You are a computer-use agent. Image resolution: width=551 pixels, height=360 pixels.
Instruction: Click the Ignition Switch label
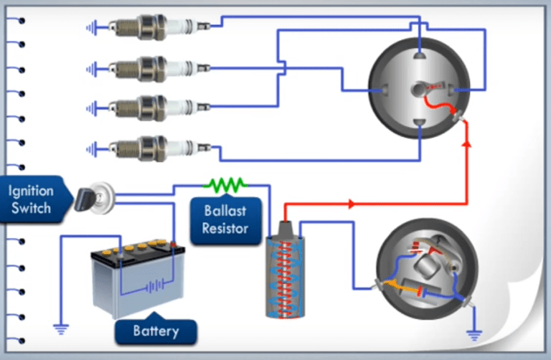tap(31, 199)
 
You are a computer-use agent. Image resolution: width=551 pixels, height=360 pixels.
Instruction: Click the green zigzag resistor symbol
tap(225, 184)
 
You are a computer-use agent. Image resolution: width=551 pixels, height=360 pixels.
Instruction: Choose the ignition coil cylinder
tap(284, 273)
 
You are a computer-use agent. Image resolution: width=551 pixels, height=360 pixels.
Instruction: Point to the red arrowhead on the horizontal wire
tap(352, 204)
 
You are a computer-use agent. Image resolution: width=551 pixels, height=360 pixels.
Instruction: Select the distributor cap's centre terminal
tap(418, 90)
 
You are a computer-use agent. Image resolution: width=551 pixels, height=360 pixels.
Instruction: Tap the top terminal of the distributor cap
tap(419, 55)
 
